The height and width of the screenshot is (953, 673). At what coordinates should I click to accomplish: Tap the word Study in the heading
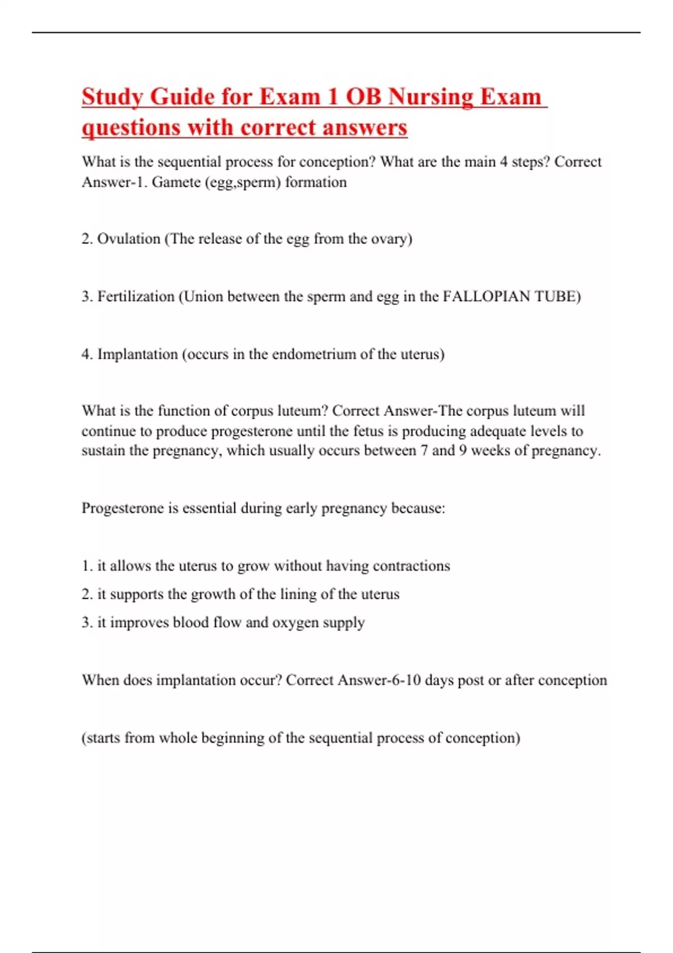(x=112, y=97)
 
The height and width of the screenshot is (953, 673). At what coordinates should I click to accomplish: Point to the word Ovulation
(x=129, y=239)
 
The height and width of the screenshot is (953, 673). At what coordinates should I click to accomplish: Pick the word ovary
(x=391, y=239)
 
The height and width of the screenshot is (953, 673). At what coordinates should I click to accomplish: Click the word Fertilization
(x=136, y=297)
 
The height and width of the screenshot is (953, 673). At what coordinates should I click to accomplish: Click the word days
(x=439, y=681)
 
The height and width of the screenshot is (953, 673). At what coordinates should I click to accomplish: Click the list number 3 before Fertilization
(x=86, y=297)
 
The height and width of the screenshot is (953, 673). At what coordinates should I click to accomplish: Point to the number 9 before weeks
(x=463, y=451)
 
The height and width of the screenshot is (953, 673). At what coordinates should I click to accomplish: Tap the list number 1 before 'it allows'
(x=86, y=566)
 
